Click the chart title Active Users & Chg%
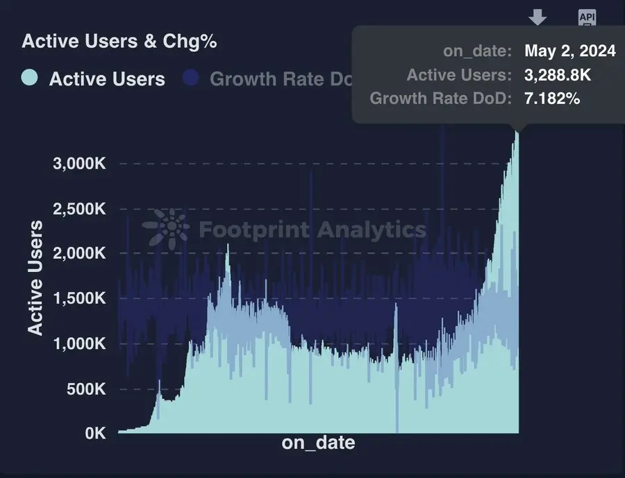119,42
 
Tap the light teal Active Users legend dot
30,78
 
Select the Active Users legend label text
107,79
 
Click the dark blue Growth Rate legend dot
191,78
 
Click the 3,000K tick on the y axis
79,164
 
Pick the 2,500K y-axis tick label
79,209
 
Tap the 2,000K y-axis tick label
79,253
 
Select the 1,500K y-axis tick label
79,298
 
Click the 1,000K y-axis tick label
79,343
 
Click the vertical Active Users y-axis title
35,278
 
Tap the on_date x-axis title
318,443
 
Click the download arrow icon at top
538,17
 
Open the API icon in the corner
587,17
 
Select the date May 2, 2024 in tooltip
569,51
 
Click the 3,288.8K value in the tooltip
558,75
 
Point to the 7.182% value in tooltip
552,99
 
